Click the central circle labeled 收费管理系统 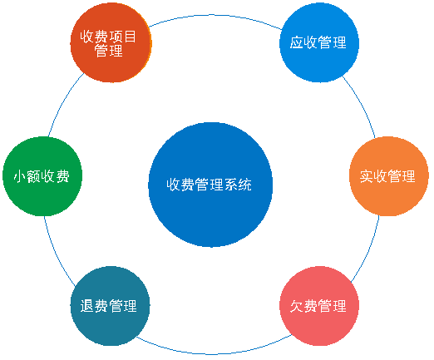point(210,185)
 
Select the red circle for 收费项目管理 point(111,42)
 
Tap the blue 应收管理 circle point(319,42)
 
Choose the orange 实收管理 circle point(389,176)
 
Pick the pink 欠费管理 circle point(319,306)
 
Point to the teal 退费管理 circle point(111,306)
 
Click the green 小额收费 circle point(42,176)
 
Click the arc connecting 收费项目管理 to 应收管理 point(214,15)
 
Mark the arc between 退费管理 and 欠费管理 point(214,353)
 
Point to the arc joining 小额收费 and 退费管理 point(57,253)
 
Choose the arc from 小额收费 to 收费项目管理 point(63,102)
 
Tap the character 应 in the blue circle point(297,42)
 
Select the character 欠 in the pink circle point(297,306)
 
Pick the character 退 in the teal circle point(86,306)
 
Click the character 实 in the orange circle point(366,176)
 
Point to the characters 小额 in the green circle point(27,176)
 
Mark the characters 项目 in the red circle point(123,37)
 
